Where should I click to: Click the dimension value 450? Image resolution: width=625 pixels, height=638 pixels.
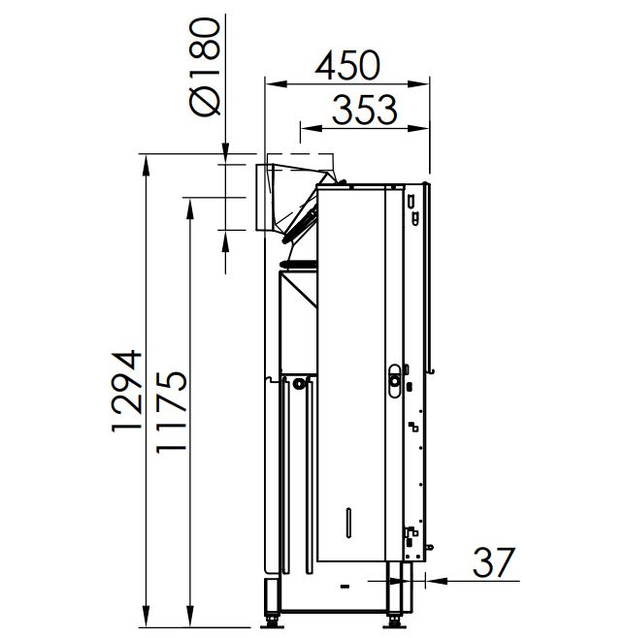(347, 65)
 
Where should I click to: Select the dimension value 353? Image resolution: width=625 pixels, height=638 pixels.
(364, 110)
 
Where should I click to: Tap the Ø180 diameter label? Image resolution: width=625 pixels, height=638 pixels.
(206, 67)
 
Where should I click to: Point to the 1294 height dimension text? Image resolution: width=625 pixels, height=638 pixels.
(126, 391)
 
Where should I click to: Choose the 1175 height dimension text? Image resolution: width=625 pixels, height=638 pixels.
(172, 411)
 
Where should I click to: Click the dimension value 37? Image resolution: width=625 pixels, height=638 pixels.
(494, 562)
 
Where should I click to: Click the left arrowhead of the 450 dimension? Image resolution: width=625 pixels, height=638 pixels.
(276, 84)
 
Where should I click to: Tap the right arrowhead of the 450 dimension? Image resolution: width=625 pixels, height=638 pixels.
(418, 84)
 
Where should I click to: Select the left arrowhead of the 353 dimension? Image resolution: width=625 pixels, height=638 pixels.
(311, 128)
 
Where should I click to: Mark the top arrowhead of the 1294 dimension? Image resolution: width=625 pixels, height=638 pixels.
(146, 165)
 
